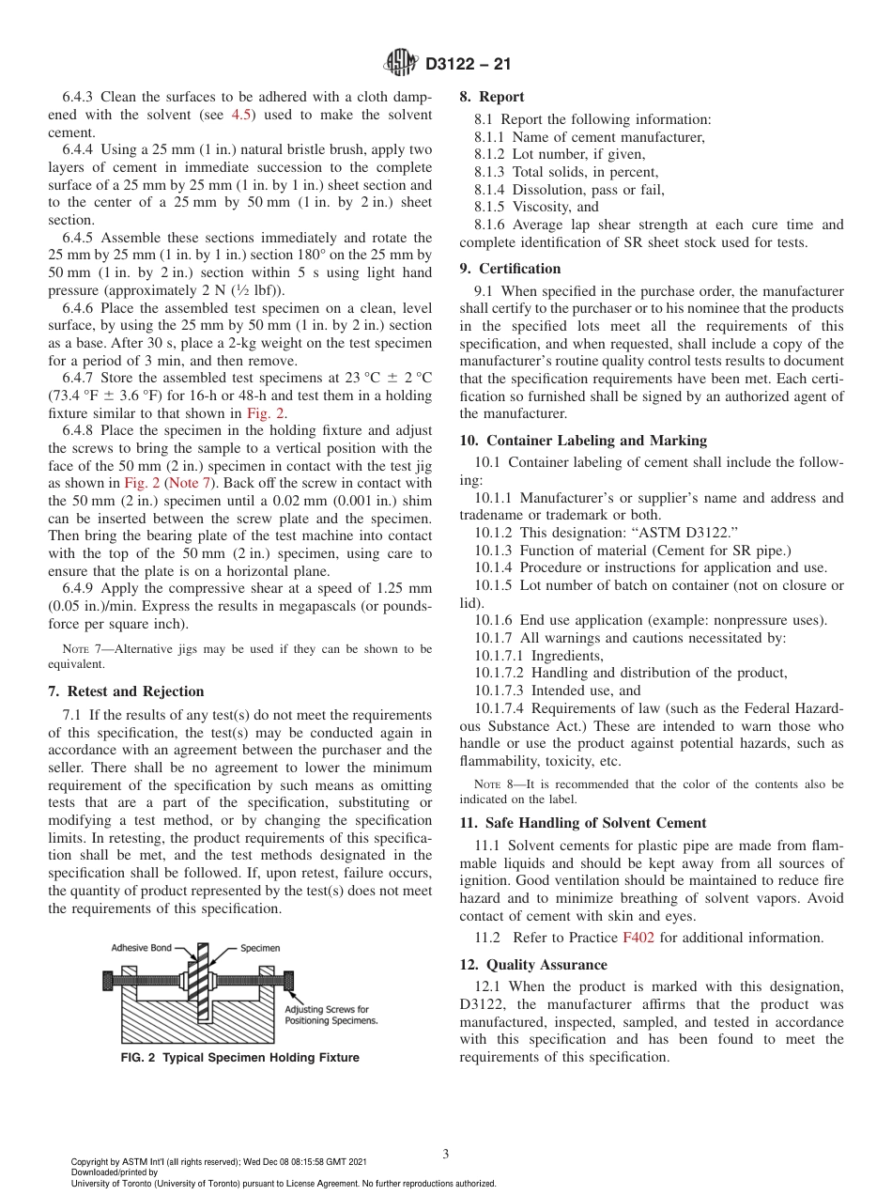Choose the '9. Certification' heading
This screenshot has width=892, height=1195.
(x=511, y=269)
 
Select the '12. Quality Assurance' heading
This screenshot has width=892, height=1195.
(x=533, y=965)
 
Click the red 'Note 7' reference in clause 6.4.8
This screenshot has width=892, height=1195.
(x=195, y=483)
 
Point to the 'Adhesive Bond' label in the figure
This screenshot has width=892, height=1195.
(x=141, y=948)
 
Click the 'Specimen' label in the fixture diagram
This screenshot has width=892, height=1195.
(x=260, y=948)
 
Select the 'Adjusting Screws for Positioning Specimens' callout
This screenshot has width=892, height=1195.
(x=331, y=1016)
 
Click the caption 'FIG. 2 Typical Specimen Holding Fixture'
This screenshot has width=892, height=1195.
(x=239, y=1058)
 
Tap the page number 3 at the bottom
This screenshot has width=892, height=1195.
(x=446, y=1154)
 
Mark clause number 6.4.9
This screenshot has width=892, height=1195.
(x=79, y=588)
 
